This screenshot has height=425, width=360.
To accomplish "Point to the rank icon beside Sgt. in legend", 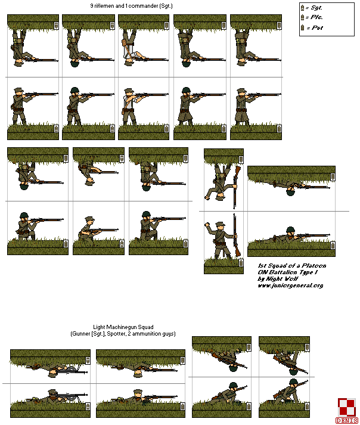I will (x=303, y=7).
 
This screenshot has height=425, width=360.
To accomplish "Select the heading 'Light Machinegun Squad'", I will (x=123, y=327).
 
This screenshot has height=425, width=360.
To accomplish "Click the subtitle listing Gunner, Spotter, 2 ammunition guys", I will (x=123, y=334).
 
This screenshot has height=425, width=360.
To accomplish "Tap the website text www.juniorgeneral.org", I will (x=290, y=286).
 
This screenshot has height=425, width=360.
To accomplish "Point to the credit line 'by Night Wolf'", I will (x=278, y=278).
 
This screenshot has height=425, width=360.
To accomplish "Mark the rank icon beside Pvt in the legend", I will (x=303, y=27).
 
